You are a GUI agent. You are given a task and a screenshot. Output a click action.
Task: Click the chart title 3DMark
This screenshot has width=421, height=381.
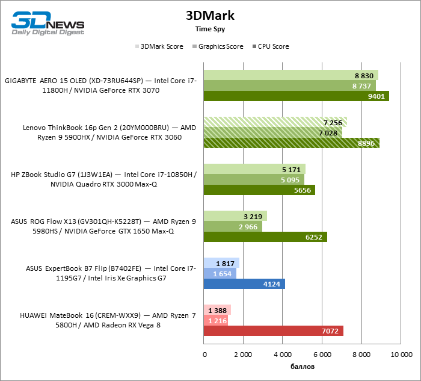(210, 16)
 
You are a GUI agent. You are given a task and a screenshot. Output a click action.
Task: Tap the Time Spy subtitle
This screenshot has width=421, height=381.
(210, 29)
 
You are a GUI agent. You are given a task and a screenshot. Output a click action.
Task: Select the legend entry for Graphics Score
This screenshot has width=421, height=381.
(218, 46)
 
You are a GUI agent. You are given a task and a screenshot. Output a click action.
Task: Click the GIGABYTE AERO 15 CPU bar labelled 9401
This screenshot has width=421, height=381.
(297, 96)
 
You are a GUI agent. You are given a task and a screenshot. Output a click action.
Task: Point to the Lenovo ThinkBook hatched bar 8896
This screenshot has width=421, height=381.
(292, 143)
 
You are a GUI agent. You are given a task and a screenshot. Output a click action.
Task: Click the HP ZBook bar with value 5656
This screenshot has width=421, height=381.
(259, 190)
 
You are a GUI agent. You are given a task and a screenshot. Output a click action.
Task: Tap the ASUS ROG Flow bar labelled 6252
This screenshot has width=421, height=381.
(265, 237)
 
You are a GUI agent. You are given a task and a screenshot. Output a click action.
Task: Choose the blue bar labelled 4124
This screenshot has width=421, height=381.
(244, 283)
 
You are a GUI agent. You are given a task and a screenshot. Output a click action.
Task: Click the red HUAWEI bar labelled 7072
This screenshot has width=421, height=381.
(273, 330)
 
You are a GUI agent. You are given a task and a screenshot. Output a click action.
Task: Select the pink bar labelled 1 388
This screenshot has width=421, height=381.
(217, 310)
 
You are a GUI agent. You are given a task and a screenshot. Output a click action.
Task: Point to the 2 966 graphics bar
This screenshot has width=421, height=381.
(233, 226)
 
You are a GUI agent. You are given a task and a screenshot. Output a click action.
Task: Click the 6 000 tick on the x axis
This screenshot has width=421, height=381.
(321, 355)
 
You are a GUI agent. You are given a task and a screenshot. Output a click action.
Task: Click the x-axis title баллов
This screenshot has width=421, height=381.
(301, 366)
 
